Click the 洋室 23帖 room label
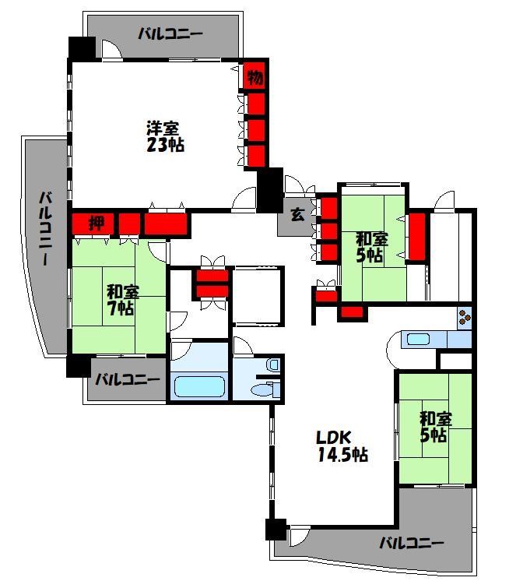tap(165, 136)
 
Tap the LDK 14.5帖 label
tap(342, 446)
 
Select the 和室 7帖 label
tap(122, 300)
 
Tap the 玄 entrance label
tap(297, 214)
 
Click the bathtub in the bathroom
tap(199, 386)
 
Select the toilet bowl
tap(265, 389)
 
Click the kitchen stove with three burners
tap(465, 318)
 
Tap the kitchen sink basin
tap(418, 339)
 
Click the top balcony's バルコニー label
tap(170, 34)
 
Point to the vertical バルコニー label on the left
tap(47, 228)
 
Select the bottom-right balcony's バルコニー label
tap(411, 543)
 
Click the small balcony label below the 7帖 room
tap(127, 380)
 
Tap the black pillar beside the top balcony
tap(82, 48)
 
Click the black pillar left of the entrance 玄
tap(269, 190)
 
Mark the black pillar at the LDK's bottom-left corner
tap(276, 530)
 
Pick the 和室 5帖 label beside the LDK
tap(435, 427)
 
